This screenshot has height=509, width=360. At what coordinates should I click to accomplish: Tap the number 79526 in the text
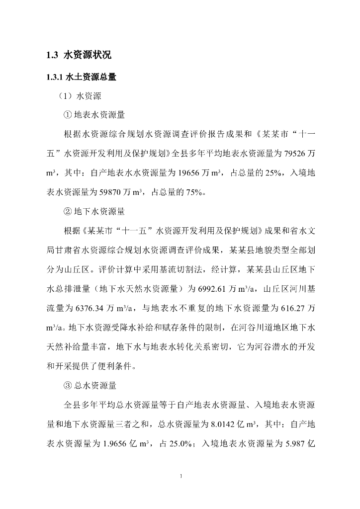click(293, 154)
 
